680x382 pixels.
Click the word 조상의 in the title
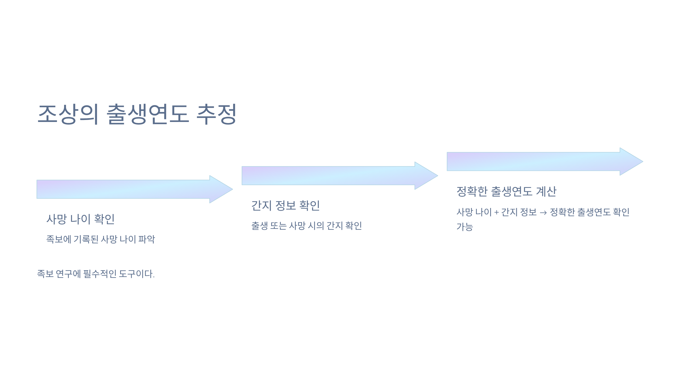coord(68,114)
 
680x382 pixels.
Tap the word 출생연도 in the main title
coord(148,114)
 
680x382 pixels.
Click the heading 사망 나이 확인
coord(80,219)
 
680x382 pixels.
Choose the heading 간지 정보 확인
coord(286,205)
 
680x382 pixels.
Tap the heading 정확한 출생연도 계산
coord(506,192)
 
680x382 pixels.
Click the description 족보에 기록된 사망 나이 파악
coord(101,239)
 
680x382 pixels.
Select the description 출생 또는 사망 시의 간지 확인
coord(307,226)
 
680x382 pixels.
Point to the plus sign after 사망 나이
coord(496,213)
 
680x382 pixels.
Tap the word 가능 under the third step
coord(465,227)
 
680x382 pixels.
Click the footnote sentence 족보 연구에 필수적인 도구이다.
coord(96,274)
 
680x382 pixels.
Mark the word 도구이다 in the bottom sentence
coord(136,274)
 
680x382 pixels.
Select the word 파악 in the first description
coord(147,239)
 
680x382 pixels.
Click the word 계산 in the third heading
coord(546,192)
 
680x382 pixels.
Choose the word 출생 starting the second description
coord(260,226)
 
